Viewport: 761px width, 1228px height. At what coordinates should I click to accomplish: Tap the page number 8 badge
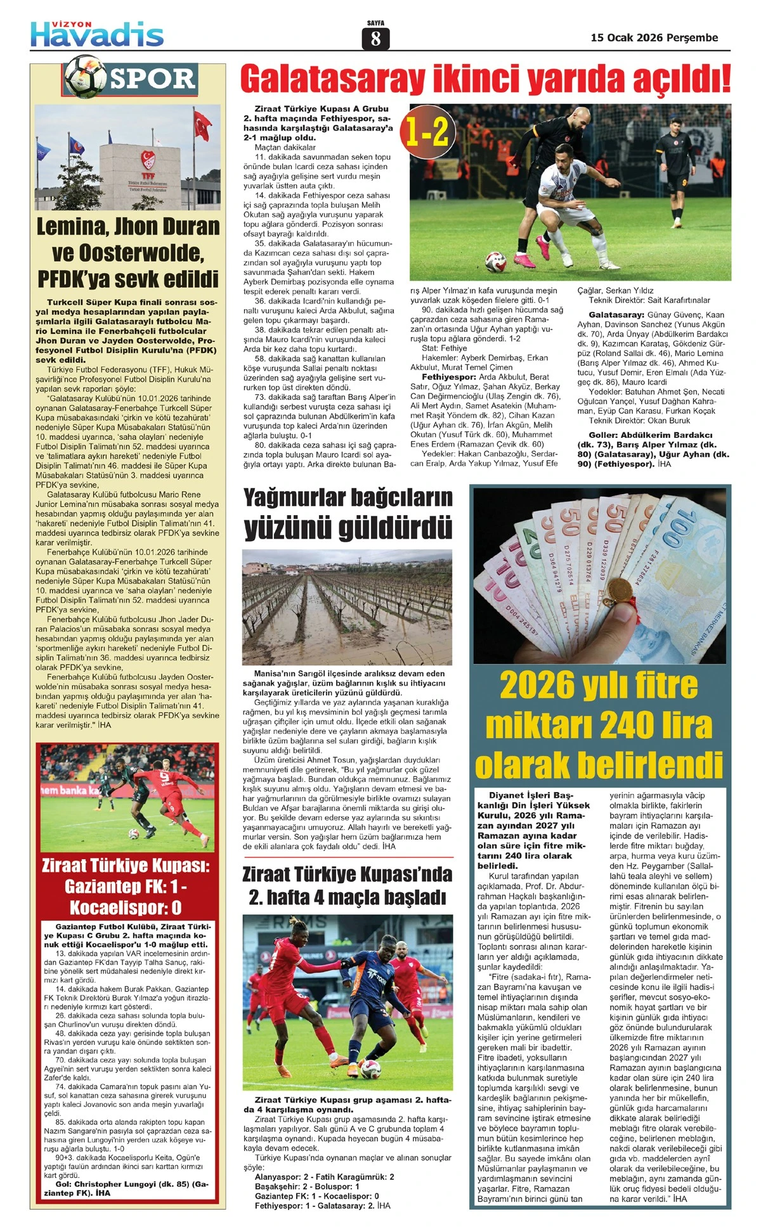(x=375, y=39)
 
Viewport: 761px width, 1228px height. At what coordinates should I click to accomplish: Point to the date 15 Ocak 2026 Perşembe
(x=654, y=37)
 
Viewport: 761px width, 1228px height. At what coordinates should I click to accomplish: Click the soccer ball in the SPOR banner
(x=86, y=76)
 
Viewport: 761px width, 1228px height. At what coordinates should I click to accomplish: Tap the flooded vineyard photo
(x=348, y=606)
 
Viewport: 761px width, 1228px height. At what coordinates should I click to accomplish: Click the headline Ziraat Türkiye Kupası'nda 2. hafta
(x=348, y=886)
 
